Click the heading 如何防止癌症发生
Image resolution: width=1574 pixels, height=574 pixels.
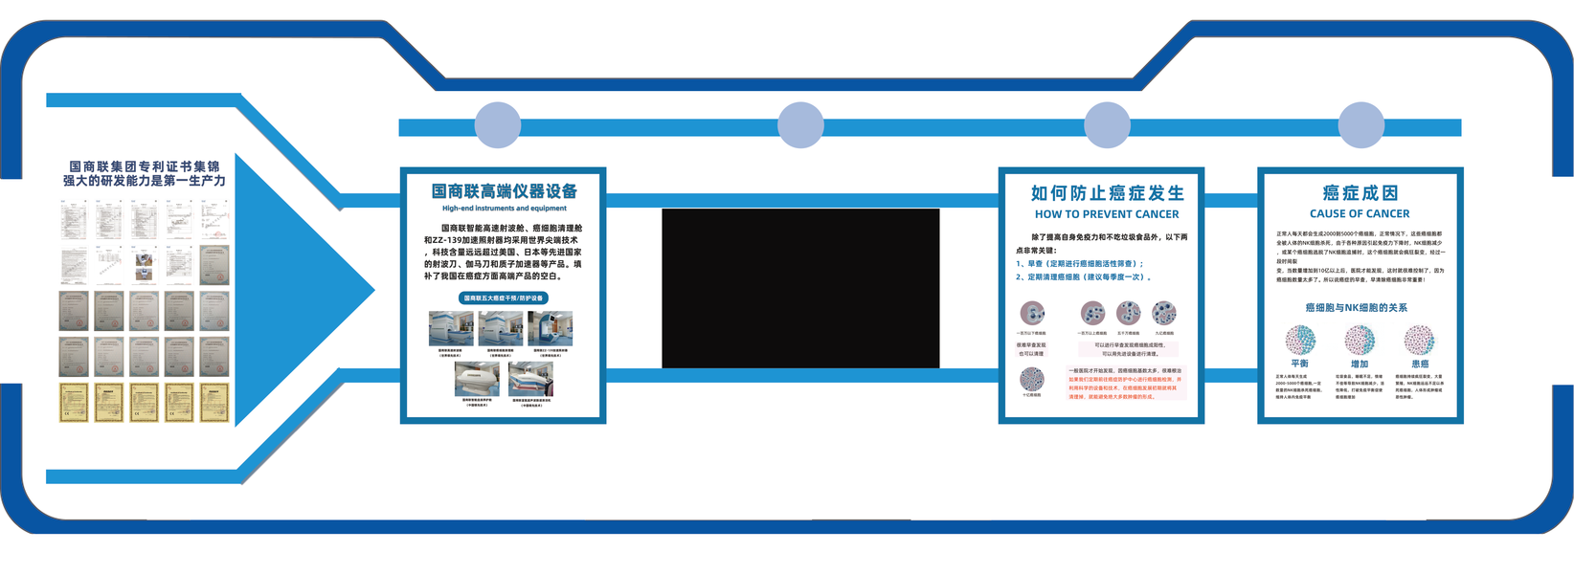1107,193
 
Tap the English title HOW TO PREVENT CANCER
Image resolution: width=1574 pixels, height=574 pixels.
1107,214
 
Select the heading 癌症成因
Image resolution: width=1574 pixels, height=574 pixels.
1360,193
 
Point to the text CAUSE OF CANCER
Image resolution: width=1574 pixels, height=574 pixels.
1360,213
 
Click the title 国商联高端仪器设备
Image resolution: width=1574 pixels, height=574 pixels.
504,191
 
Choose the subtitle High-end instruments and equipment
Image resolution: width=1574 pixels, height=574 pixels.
504,208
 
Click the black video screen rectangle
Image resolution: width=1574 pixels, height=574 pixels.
800,288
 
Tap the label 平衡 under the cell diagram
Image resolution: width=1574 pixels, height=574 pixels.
1299,364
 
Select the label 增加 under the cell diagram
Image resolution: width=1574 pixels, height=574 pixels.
1359,364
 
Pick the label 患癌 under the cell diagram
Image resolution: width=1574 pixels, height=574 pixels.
1420,364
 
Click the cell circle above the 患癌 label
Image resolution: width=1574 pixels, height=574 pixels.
1420,340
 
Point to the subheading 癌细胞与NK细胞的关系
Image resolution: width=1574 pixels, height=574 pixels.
1356,308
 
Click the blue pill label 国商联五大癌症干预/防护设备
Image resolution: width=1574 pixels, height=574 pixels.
504,298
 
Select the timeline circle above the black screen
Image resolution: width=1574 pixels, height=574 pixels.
800,125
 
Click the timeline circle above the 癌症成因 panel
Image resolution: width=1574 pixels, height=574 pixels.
1360,125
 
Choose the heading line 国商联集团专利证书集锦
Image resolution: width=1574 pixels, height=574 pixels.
144,166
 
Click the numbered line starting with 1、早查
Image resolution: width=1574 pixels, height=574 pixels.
1080,264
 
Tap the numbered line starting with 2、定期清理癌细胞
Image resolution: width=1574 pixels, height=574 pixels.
1083,277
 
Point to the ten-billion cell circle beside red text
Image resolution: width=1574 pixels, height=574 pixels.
1032,379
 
